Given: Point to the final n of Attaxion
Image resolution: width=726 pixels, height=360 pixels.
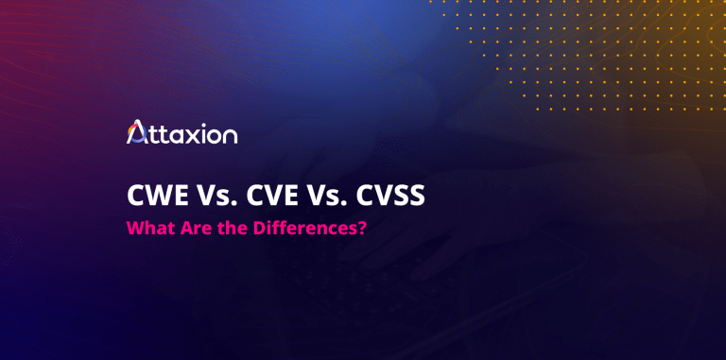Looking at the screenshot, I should point(229,136).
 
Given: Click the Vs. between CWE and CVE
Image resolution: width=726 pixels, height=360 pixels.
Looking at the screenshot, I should point(211,198).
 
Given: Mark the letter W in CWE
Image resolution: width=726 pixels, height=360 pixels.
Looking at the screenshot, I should point(156,198).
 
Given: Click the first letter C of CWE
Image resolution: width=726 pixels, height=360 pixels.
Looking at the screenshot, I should point(135,198).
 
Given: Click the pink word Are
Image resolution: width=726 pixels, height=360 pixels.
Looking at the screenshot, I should point(187,230).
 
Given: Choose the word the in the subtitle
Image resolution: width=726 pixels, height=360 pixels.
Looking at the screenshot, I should point(219,230).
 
